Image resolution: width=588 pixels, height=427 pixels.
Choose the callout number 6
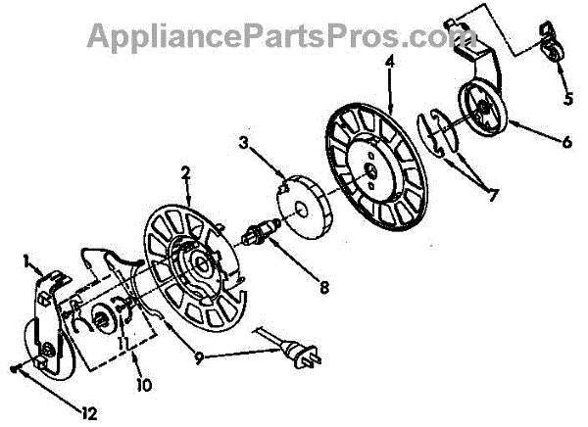point(567,140)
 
